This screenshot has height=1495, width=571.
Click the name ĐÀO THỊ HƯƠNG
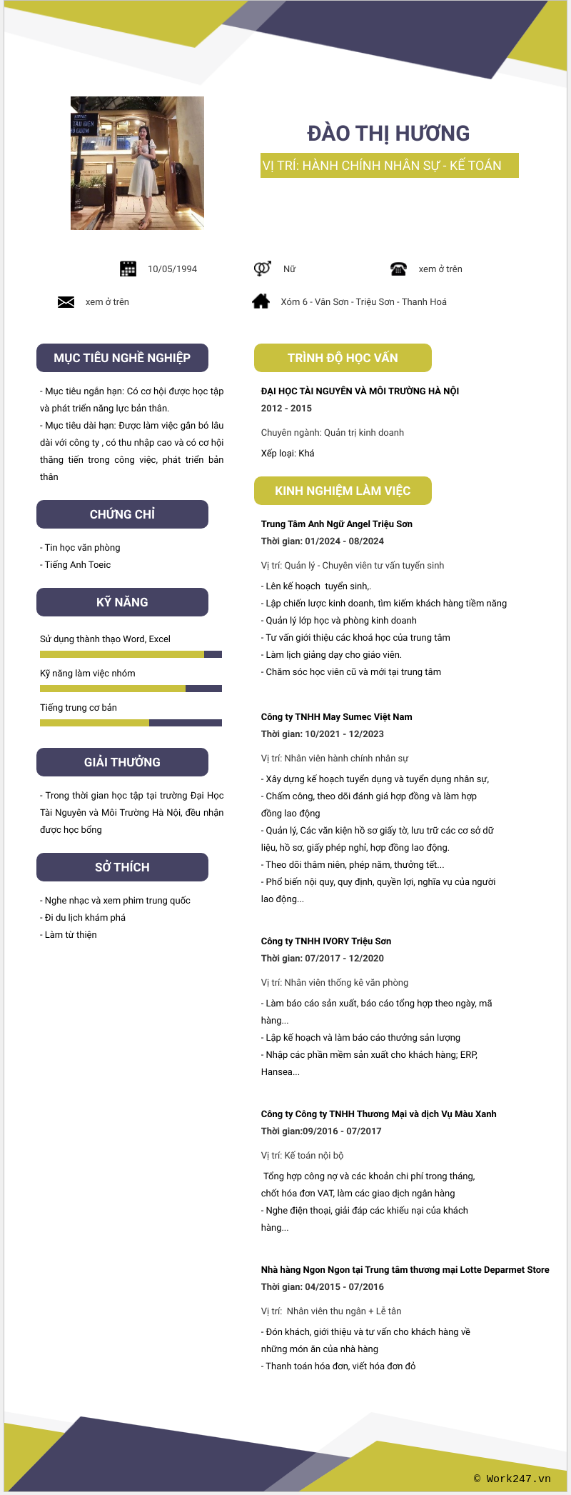pos(388,134)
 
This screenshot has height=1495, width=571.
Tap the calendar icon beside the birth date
pos(128,269)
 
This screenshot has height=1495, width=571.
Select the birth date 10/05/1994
pos(172,269)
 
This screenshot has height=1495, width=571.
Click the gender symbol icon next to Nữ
pos(262,269)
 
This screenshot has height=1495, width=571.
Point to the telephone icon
pos(398,269)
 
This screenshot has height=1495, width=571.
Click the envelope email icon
pos(66,302)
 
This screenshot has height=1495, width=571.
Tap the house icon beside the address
pos(261,301)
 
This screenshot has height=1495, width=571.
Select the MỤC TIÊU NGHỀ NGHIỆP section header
pos(122,358)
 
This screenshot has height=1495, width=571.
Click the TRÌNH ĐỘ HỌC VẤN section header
pos(343,358)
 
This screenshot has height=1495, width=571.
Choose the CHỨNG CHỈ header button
pos(122,514)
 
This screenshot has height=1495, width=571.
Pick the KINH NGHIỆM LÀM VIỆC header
pos(343,491)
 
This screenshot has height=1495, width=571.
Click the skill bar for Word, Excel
pos(131,654)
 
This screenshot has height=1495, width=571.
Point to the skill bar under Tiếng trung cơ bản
pos(131,723)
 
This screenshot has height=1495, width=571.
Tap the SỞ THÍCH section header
pos(122,867)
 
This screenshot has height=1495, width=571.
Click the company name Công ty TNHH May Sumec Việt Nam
pos(336,717)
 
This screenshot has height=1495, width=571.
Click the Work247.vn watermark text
pos(512,1479)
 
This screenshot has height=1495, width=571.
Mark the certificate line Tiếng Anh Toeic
pos(77,565)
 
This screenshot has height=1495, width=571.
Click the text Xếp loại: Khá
pos(288,454)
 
